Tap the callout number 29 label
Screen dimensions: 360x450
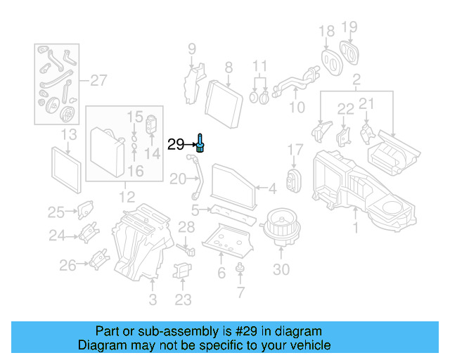[176, 145]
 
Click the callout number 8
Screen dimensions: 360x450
[228, 67]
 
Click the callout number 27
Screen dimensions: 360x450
[98, 81]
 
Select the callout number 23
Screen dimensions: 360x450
[183, 300]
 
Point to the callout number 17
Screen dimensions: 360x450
[295, 149]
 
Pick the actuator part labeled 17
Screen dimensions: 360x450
[293, 181]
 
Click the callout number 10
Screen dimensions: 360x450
[297, 108]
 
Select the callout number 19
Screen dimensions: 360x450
[349, 28]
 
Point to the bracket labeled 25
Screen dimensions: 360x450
[86, 209]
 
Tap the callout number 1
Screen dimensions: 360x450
[355, 228]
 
